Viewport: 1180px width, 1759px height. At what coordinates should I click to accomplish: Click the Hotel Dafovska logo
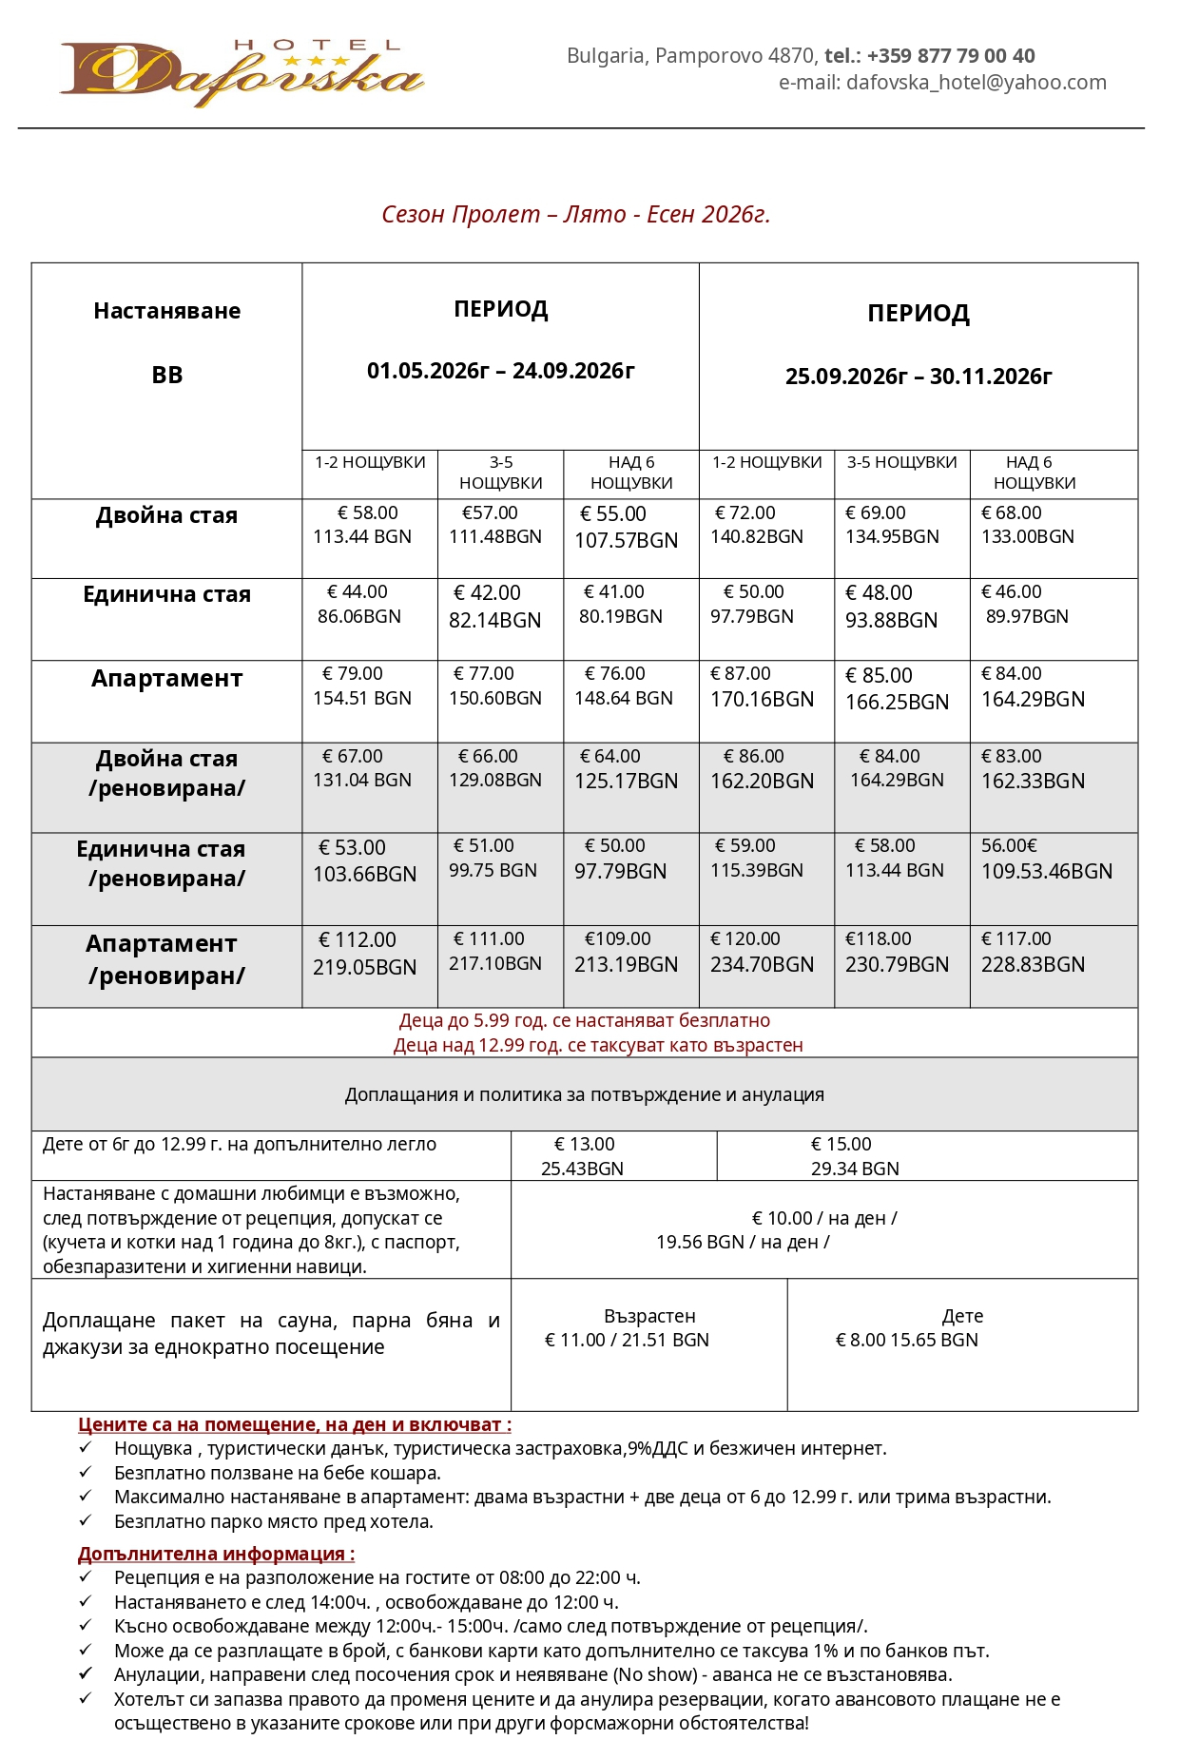[242, 72]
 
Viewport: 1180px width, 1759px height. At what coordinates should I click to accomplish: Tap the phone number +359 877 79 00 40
[950, 56]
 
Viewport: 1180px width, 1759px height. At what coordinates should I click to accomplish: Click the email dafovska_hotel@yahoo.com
[976, 83]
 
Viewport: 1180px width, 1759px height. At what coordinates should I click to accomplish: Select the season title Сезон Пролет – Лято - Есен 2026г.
[575, 215]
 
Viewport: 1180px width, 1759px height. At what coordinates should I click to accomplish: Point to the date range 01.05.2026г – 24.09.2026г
[500, 371]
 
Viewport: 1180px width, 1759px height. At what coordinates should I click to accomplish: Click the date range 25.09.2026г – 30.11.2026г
[918, 377]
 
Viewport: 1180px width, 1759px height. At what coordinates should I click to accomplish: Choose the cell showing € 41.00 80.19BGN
[620, 605]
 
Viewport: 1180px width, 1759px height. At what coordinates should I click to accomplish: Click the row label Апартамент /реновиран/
[166, 959]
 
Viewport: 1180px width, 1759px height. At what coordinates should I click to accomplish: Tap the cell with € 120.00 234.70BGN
[762, 952]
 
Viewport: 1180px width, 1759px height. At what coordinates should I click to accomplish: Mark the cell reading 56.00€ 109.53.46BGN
[1046, 859]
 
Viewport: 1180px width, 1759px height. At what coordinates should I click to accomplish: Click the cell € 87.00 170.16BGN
[762, 686]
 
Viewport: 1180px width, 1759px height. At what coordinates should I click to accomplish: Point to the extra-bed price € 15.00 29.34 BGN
[854, 1156]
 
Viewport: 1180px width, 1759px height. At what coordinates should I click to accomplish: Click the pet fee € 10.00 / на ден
[823, 1218]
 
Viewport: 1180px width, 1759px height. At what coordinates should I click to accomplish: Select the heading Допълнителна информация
[216, 1554]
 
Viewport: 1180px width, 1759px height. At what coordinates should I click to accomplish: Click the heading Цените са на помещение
[294, 1424]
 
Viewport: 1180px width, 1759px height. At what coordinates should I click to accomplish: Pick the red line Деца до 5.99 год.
[584, 1020]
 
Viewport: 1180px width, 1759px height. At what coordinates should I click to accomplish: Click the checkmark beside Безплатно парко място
[86, 1520]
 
